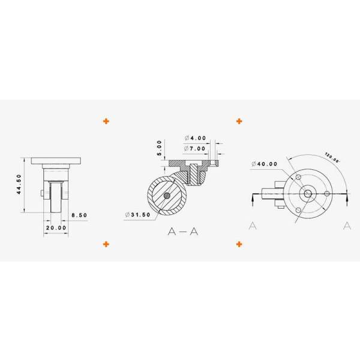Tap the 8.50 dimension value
click(79, 214)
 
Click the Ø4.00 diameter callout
click(196, 138)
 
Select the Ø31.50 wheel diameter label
click(137, 215)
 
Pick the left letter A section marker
click(253, 226)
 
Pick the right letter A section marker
click(347, 226)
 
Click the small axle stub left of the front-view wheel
click(41, 193)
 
